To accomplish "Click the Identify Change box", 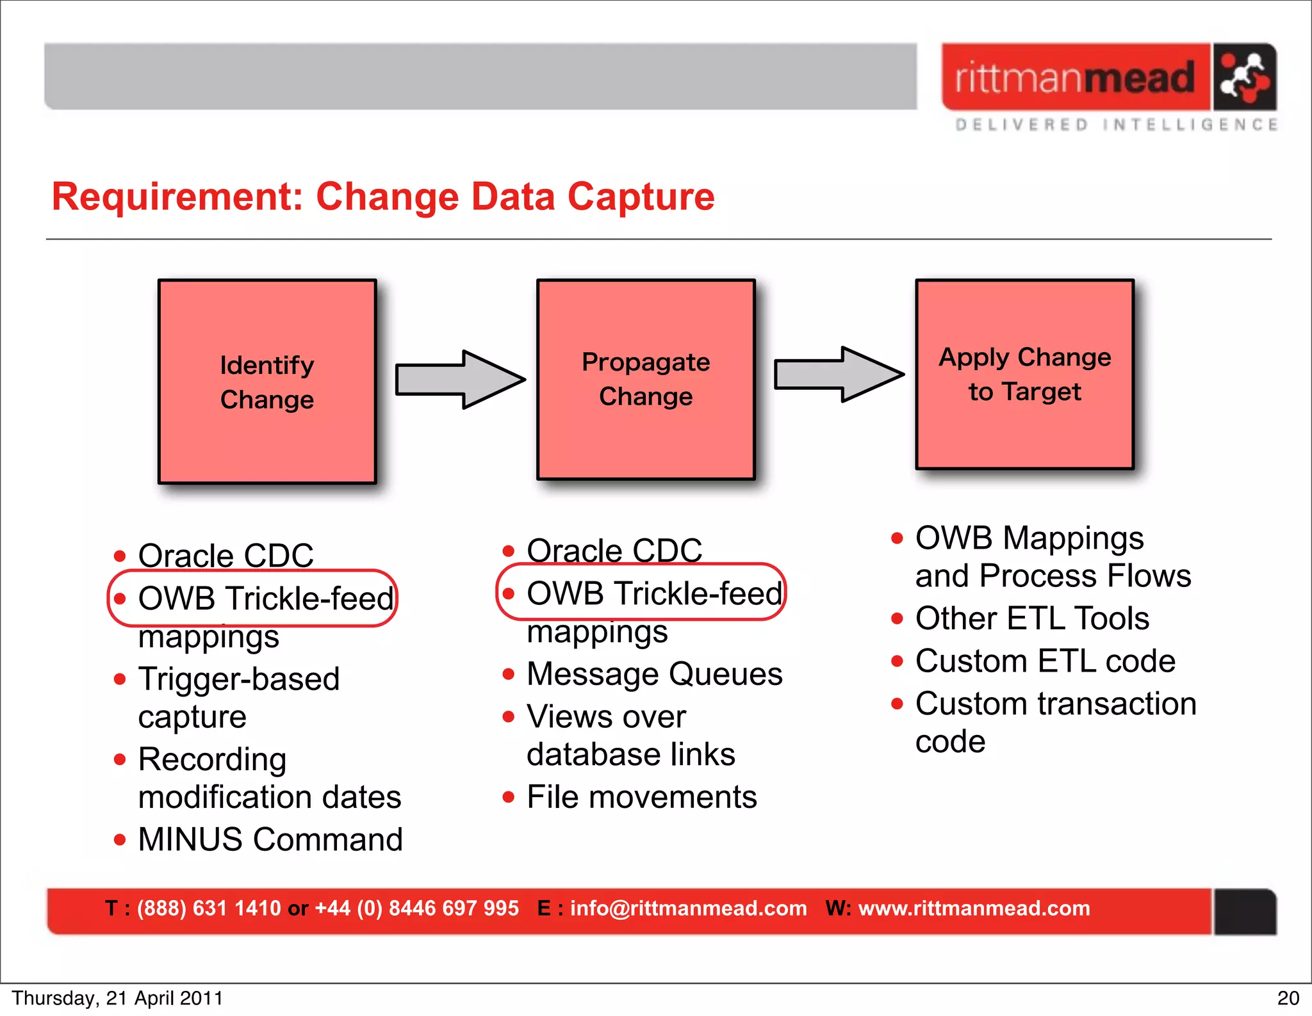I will pyautogui.click(x=267, y=382).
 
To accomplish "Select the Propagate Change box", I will pyautogui.click(x=646, y=379).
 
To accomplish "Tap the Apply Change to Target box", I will pyautogui.click(x=1024, y=375).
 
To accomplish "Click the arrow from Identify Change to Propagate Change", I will pyautogui.click(x=460, y=379).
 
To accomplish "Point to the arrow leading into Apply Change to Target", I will pyautogui.click(x=839, y=375).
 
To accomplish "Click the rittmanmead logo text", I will pyautogui.click(x=1074, y=77).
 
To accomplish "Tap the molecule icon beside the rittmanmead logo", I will pyautogui.click(x=1243, y=77).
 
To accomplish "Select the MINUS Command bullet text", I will pyautogui.click(x=270, y=839).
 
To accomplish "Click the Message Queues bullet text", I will pyautogui.click(x=654, y=674).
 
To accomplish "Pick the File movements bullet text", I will pyautogui.click(x=641, y=797).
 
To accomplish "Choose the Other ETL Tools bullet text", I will pyautogui.click(x=1032, y=618).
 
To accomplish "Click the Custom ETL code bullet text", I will pyautogui.click(x=1045, y=661).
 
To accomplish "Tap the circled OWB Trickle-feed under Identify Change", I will pyautogui.click(x=265, y=599).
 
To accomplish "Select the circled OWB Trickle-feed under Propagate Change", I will pyautogui.click(x=654, y=593).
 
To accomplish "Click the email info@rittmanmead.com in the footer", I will pyautogui.click(x=688, y=908).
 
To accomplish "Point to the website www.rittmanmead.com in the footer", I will pyautogui.click(x=974, y=908).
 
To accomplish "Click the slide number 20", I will pyautogui.click(x=1288, y=998).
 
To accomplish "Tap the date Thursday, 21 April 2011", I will pyautogui.click(x=117, y=998).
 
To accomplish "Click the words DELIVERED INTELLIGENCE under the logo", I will pyautogui.click(x=1116, y=125).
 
